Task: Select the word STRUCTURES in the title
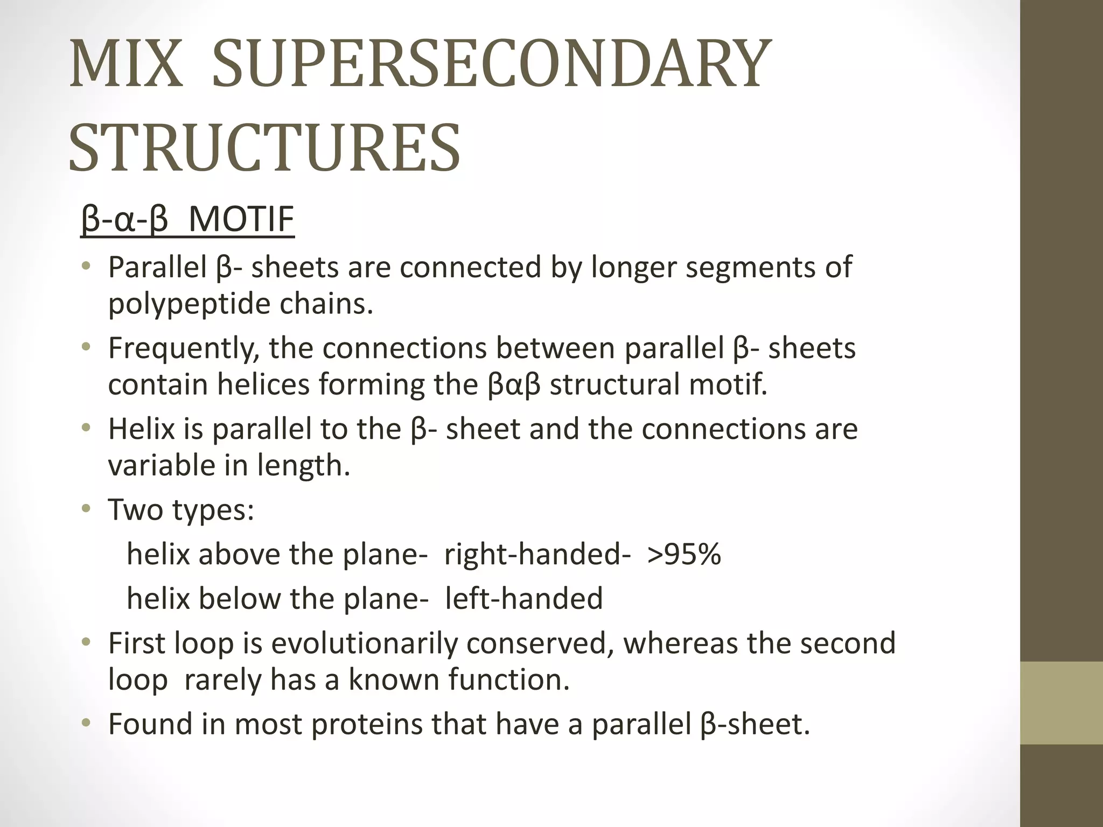click(264, 148)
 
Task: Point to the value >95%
click(684, 554)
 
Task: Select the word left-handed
click(523, 598)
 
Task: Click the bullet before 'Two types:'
click(86, 509)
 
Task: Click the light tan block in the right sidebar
click(1062, 703)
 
